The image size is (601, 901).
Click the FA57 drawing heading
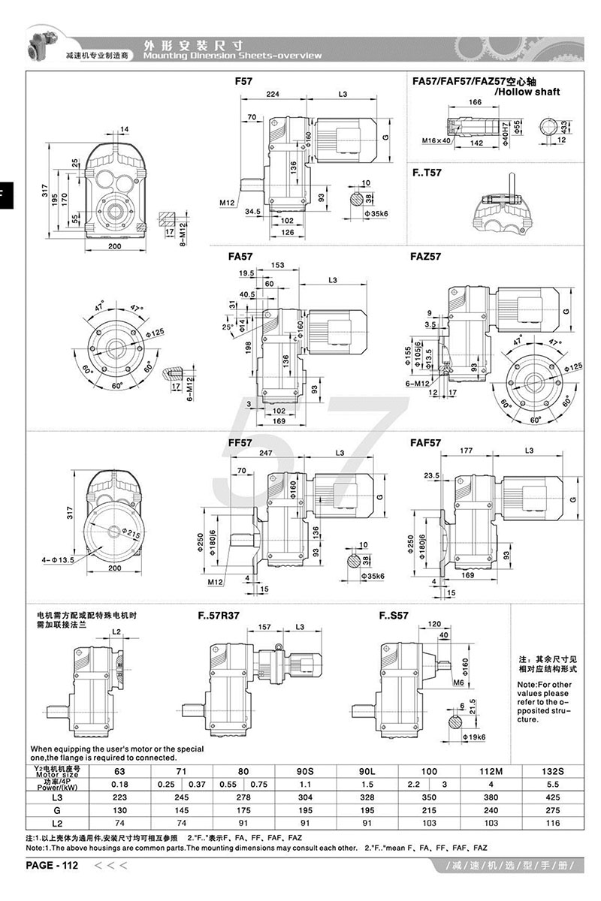[240, 256]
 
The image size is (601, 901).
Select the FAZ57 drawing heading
[426, 256]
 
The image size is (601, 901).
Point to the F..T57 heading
[427, 172]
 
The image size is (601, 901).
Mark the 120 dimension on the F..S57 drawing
[434, 624]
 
